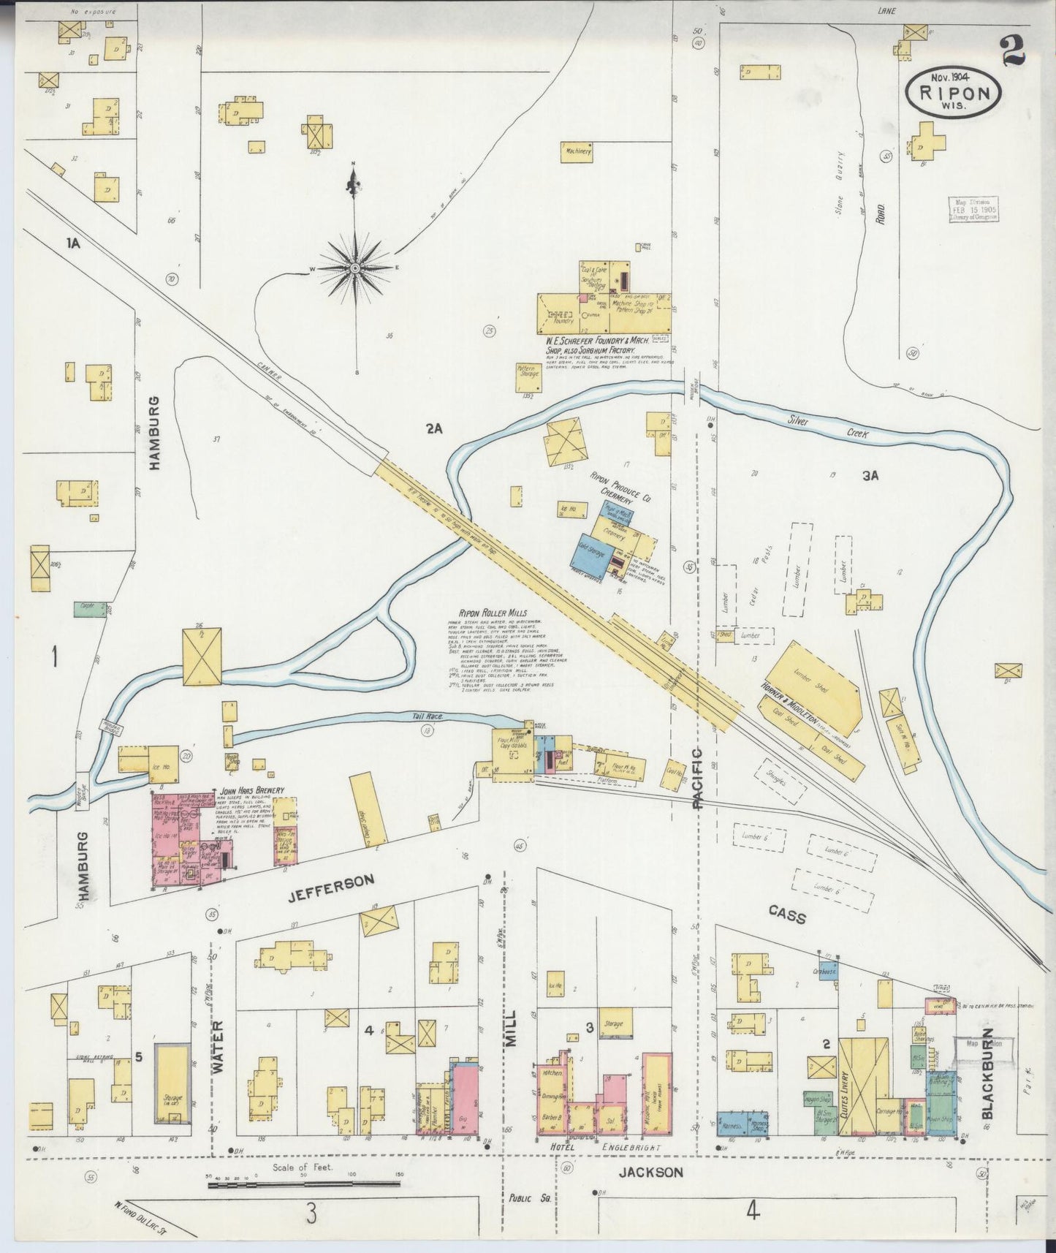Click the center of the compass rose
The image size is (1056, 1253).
pos(354,268)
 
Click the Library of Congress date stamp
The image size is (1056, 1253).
pos(973,210)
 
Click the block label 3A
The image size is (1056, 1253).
pos(870,476)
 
